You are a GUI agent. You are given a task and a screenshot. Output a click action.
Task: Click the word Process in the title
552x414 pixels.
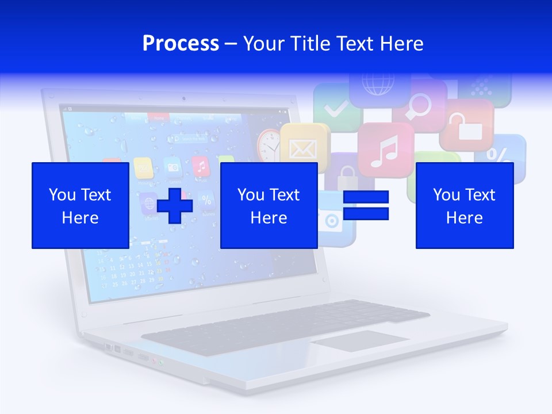click(181, 44)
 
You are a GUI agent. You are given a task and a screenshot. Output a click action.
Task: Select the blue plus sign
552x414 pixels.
click(174, 205)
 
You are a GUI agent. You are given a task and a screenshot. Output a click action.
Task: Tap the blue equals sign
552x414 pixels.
click(366, 205)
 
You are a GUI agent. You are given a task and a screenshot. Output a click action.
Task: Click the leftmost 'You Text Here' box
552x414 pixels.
click(80, 205)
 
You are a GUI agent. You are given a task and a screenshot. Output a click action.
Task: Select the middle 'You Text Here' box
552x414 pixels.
click(269, 205)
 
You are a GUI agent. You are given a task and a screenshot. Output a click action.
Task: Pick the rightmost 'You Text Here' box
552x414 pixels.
click(465, 205)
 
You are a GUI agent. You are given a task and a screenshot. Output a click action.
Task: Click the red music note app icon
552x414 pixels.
click(385, 150)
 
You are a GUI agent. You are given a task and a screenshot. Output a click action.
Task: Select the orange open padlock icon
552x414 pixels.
click(466, 125)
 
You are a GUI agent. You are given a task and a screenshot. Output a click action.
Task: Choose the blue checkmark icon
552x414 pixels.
click(335, 107)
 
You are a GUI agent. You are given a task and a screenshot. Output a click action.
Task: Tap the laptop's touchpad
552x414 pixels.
click(360, 340)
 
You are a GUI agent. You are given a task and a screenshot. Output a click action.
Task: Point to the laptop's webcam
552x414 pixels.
click(183, 98)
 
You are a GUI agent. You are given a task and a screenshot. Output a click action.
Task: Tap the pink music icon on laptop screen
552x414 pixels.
click(200, 167)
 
